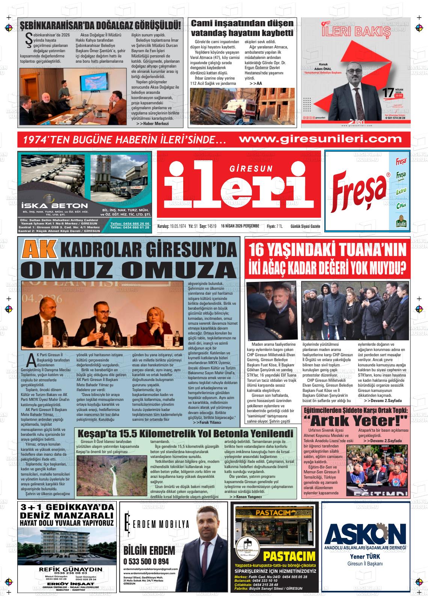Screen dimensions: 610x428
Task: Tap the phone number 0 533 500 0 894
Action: click(x=146, y=562)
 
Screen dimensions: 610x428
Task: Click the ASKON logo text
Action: click(x=365, y=533)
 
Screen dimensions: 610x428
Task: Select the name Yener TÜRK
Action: click(x=365, y=556)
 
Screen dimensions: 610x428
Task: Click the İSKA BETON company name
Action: click(x=54, y=205)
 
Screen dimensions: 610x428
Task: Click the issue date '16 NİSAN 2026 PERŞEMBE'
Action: click(x=240, y=226)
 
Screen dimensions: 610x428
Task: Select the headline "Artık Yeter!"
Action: click(x=355, y=419)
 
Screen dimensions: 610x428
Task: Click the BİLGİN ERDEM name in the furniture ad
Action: click(x=149, y=550)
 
